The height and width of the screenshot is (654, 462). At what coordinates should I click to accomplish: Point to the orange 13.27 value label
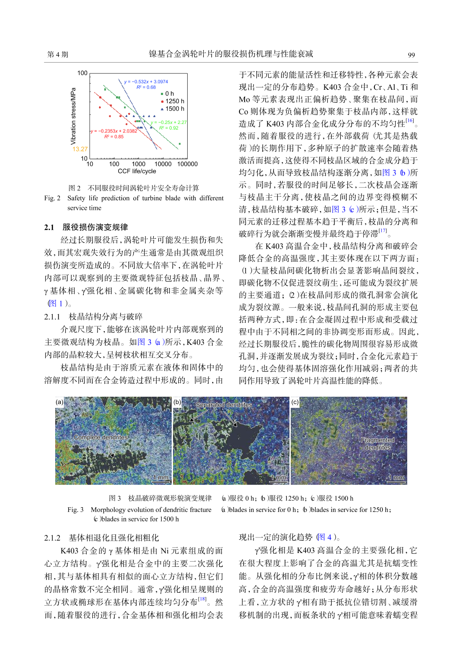80,149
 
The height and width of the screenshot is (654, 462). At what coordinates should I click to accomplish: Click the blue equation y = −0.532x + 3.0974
146,82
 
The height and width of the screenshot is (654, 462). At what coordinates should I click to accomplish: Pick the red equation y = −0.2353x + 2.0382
114,131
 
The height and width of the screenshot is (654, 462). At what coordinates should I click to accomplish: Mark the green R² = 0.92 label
168,128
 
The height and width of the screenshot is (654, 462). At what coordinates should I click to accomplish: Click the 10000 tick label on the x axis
163,164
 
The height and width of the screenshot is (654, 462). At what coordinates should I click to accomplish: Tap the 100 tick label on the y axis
82,73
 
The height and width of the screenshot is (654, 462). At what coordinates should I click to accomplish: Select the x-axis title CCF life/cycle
137,171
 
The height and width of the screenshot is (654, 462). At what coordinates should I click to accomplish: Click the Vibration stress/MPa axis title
73,116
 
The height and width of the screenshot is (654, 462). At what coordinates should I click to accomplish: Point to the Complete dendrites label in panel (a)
101,437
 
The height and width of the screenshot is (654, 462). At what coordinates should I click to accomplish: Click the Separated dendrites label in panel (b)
223,405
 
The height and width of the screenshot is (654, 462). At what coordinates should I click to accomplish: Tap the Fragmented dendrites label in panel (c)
377,444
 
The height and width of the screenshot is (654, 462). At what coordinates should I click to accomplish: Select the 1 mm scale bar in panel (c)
396,478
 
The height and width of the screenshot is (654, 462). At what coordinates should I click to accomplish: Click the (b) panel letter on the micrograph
177,402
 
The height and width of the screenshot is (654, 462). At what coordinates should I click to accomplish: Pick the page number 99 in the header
411,55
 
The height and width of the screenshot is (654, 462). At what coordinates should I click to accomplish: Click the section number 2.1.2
52,538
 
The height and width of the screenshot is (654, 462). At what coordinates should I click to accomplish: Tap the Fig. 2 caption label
52,198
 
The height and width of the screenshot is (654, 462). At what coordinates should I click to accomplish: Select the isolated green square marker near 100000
179,144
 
